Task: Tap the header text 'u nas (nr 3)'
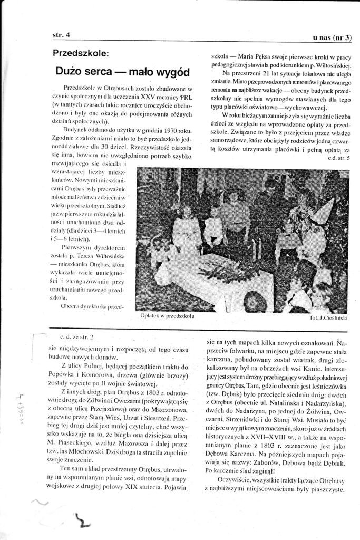tap(333, 37)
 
